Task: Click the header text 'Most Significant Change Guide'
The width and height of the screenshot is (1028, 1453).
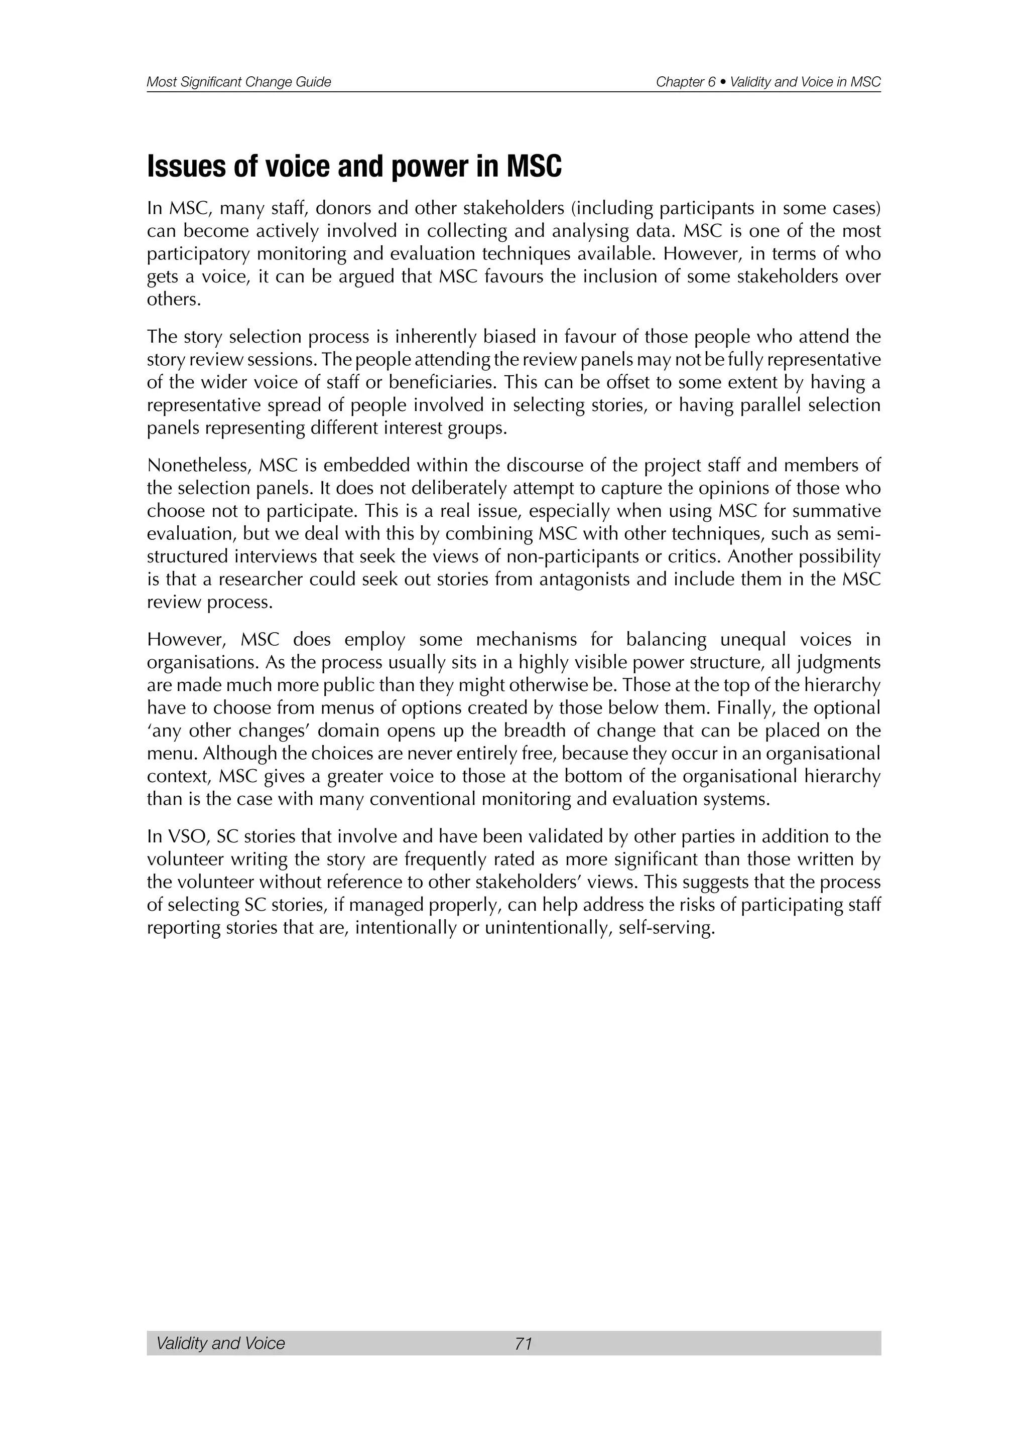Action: pos(238,82)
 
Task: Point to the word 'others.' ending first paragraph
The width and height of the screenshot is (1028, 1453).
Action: pos(174,300)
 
